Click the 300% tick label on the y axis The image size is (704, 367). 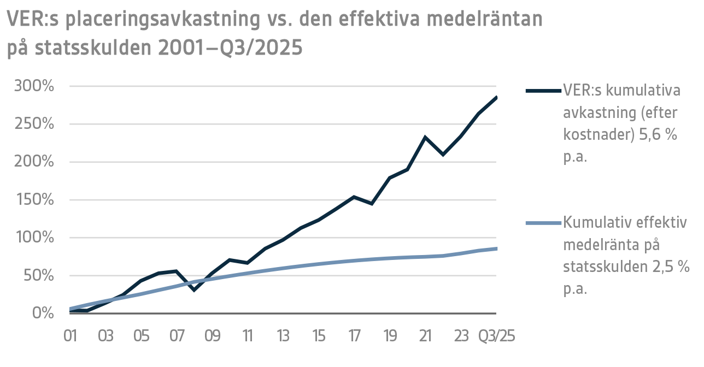click(x=34, y=86)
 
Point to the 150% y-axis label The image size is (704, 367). click(x=34, y=200)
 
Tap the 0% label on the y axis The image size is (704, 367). click(x=43, y=313)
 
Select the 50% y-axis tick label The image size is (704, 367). click(x=38, y=276)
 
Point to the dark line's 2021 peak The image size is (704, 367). click(x=425, y=137)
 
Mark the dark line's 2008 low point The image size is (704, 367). click(x=194, y=290)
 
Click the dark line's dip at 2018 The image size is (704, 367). click(x=372, y=204)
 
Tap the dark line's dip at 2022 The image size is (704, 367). click(x=443, y=155)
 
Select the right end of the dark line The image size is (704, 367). click(x=496, y=97)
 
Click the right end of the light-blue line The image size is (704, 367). click(x=496, y=248)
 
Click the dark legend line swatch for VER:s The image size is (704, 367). click(x=543, y=90)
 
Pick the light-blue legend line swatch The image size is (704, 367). click(x=543, y=223)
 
